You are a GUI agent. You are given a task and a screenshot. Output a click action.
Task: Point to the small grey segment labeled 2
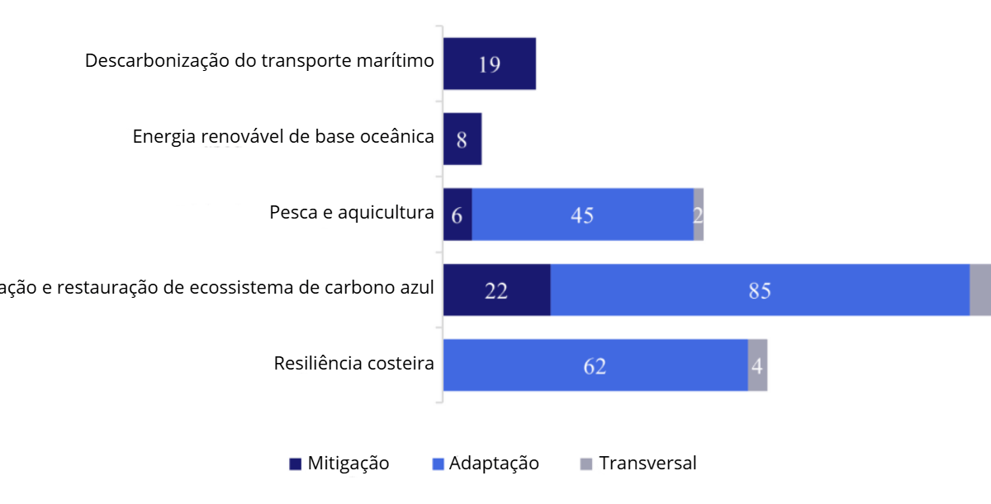point(699,214)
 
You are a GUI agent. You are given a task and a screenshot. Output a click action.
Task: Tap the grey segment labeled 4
point(757,365)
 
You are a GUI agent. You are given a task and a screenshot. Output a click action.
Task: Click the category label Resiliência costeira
point(354,363)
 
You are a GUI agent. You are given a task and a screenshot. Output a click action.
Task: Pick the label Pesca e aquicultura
point(352,212)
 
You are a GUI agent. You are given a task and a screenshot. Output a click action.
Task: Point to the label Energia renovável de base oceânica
point(283,137)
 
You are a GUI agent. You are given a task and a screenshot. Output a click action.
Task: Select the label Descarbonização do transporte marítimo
point(259,61)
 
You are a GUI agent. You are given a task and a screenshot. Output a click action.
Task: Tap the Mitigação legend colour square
point(296,464)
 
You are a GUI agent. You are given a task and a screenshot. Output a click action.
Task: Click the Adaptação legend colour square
point(439,464)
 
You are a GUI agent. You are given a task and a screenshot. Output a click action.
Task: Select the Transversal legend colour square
point(587,464)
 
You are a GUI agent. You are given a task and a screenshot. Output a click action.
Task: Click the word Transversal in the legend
point(647,464)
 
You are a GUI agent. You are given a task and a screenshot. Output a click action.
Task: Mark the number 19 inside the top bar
point(489,64)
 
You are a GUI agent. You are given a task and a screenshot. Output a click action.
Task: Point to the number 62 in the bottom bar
point(595,366)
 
